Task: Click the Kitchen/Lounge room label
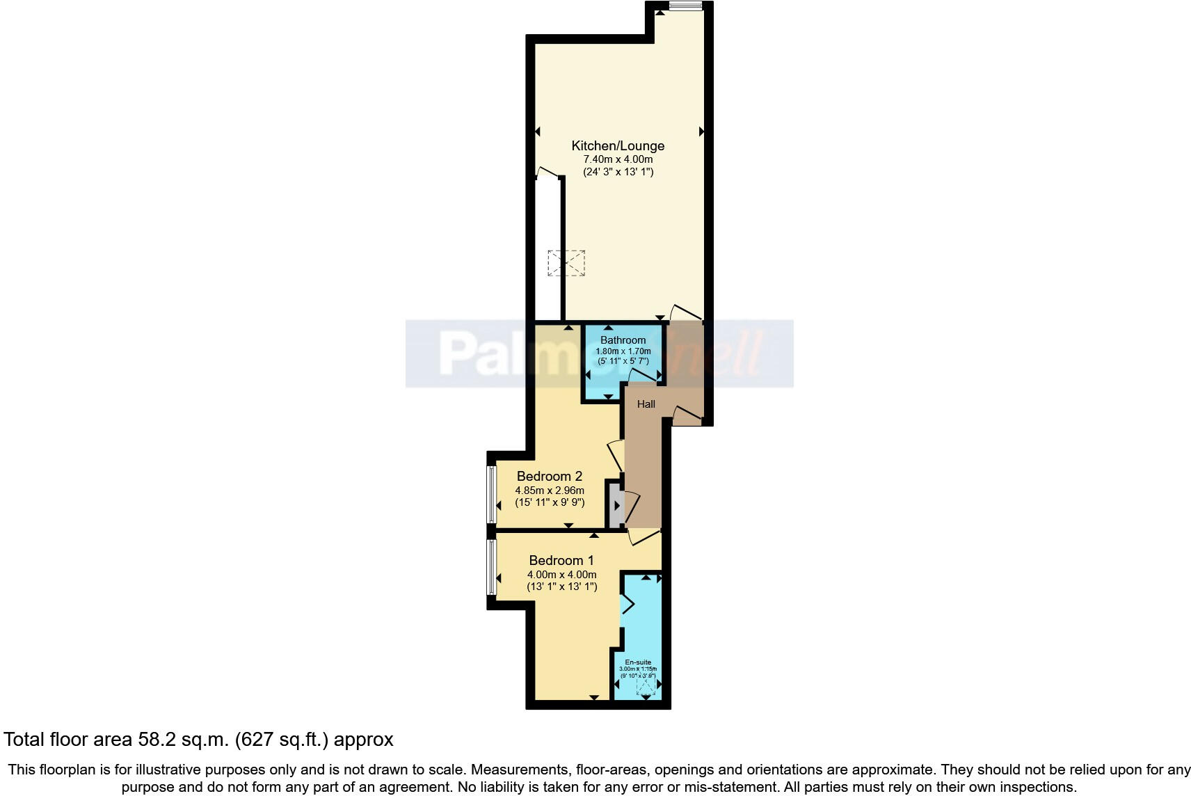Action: coord(618,145)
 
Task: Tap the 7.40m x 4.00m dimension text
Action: coord(618,159)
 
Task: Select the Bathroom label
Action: coord(623,340)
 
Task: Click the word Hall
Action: coord(646,404)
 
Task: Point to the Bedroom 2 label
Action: coord(549,477)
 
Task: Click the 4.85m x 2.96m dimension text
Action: coord(549,491)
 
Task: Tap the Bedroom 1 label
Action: coord(561,561)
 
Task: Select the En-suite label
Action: coord(638,662)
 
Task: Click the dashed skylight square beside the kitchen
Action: coord(566,263)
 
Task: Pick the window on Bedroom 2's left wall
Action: coord(492,495)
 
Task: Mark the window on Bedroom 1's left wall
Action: coord(492,567)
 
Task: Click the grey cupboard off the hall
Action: coord(615,504)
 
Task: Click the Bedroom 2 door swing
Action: coord(615,455)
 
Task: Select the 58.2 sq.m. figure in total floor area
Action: coord(183,740)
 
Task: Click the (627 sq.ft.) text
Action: coord(281,740)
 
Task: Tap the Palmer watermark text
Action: coord(487,353)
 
